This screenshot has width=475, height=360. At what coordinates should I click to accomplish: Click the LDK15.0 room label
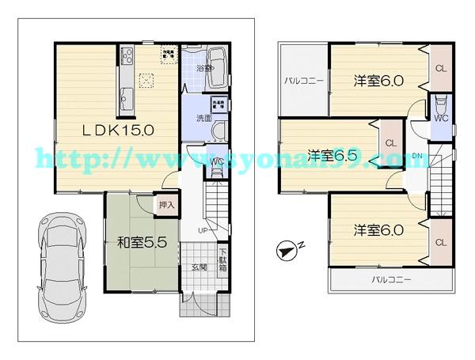point(114,129)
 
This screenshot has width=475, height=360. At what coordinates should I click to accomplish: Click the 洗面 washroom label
point(203,118)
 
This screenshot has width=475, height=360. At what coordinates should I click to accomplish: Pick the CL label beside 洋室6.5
point(389,142)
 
